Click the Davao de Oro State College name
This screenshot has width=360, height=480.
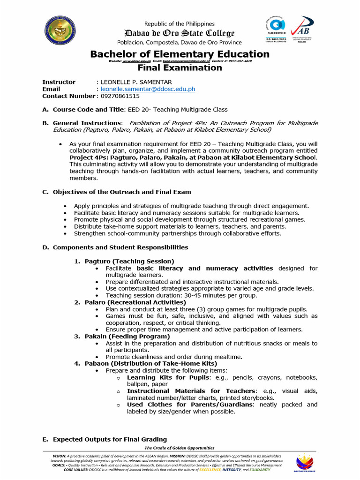tap(180, 33)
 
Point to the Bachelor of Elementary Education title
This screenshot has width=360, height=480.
tap(180, 54)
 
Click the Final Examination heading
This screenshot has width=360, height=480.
tap(180, 68)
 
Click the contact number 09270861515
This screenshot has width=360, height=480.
tap(120, 96)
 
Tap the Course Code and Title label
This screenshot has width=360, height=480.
tap(89, 110)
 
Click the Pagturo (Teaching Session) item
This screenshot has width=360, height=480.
tap(129, 261)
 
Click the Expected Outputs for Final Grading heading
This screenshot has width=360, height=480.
tap(110, 439)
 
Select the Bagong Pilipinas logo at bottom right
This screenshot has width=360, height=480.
tap(304, 464)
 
